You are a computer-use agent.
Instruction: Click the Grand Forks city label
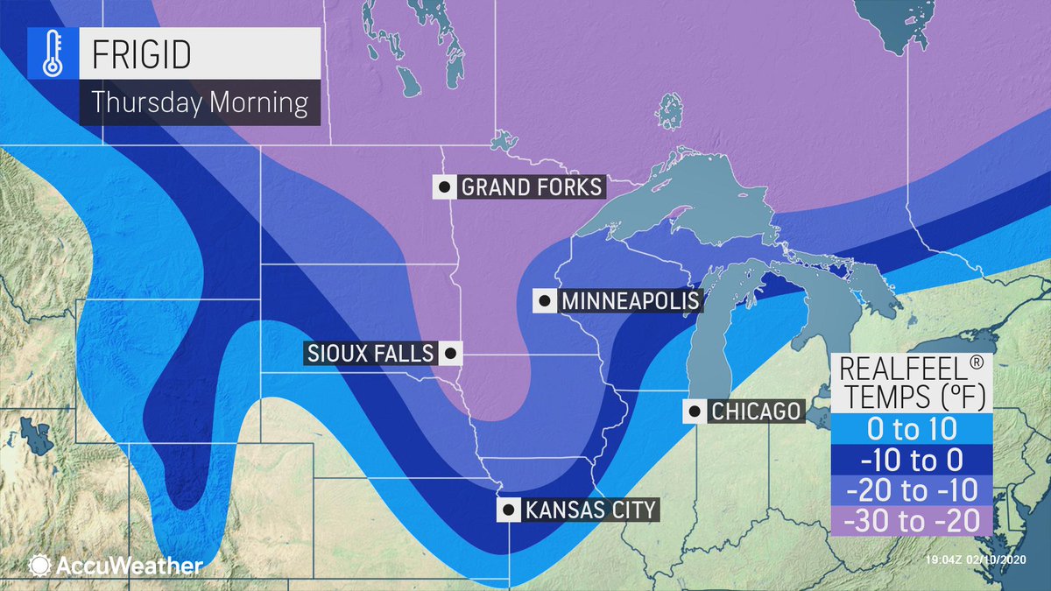(531, 186)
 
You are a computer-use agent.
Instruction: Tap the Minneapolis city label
(630, 301)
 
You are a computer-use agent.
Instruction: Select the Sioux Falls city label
(370, 354)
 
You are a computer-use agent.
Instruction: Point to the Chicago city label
(756, 412)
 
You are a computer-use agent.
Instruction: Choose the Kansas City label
(589, 510)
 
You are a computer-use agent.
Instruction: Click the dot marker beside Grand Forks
(445, 186)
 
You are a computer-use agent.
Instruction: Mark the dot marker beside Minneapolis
(545, 301)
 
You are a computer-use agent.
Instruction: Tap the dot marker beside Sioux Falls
(450, 354)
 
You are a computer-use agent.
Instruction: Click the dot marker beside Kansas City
(506, 510)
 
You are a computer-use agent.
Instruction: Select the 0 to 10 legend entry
(911, 430)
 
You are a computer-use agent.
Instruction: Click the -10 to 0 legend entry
(911, 460)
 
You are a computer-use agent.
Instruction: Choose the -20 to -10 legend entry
(911, 489)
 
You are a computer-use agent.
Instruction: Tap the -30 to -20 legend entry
(911, 519)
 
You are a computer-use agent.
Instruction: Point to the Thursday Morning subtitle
(200, 102)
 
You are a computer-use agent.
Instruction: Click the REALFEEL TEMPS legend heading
(911, 382)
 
